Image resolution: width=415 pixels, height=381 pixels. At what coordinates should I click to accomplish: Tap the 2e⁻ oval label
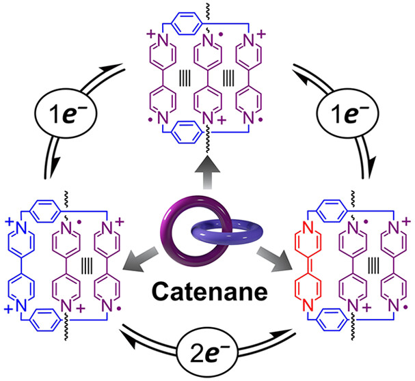[x=207, y=354]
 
